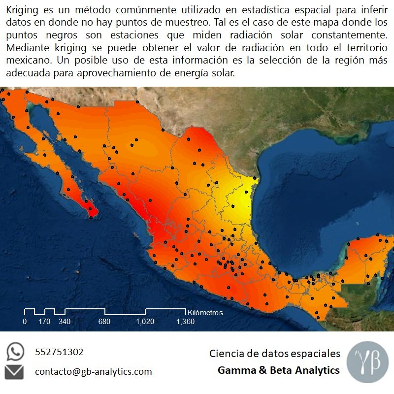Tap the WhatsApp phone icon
pyautogui.click(x=15, y=352)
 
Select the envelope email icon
pyautogui.click(x=15, y=372)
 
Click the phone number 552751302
pyautogui.click(x=59, y=352)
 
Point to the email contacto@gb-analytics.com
pyautogui.click(x=93, y=372)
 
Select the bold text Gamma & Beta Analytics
pyautogui.click(x=279, y=370)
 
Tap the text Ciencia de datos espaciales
pyautogui.click(x=275, y=354)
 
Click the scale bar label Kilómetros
pyautogui.click(x=205, y=313)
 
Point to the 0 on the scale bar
pyautogui.click(x=25, y=322)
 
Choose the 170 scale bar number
pyautogui.click(x=44, y=322)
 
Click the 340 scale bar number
pyautogui.click(x=65, y=322)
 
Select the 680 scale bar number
pyautogui.click(x=104, y=322)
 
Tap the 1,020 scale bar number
pyautogui.click(x=145, y=322)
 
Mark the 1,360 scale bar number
pyautogui.click(x=186, y=322)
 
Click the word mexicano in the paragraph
pyautogui.click(x=23, y=61)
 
